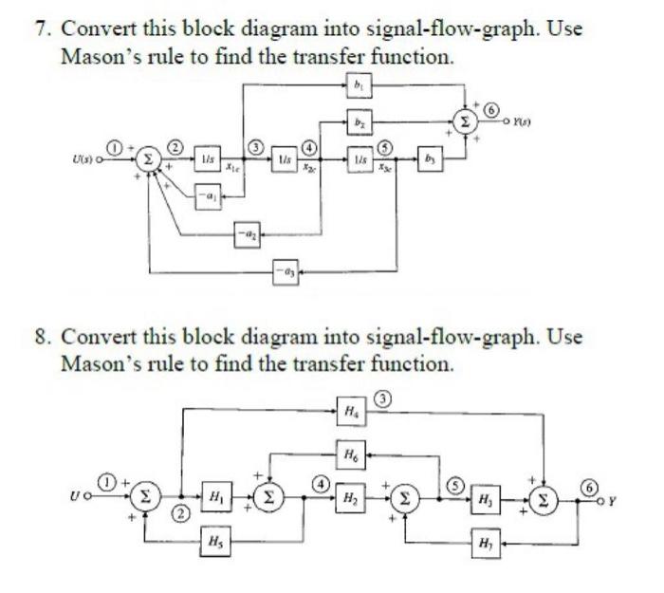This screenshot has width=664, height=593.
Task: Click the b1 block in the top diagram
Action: pos(360,85)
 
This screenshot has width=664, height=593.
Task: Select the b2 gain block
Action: pos(360,122)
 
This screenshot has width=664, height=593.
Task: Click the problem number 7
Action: pos(42,28)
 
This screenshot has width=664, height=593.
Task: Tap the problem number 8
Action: pos(42,338)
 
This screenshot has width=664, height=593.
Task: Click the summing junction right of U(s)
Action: pos(147,158)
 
